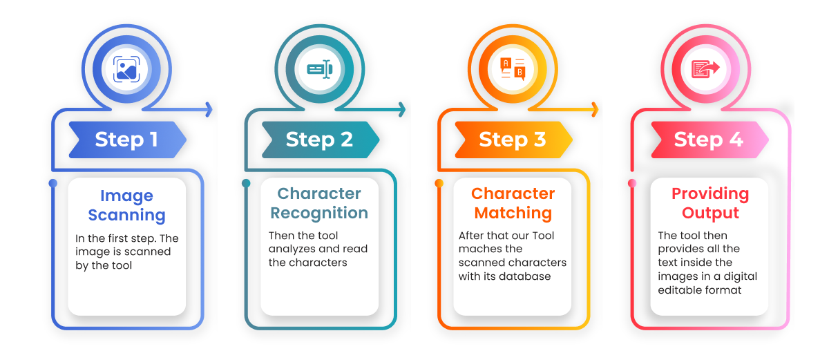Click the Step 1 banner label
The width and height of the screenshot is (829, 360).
126,140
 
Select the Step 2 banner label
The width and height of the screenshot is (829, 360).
319,140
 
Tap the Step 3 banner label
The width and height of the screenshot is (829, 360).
513,140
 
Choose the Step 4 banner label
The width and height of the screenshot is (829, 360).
708,140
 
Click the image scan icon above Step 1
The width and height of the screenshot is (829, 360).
126,68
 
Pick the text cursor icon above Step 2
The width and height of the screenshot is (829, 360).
319,68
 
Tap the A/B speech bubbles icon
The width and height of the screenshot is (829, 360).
513,68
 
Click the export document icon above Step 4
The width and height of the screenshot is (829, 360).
705,68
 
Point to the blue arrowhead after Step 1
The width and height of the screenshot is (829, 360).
208,108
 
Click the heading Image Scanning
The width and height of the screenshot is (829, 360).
126,205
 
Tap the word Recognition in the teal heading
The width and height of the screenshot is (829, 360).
319,212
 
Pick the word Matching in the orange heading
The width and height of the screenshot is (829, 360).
513,212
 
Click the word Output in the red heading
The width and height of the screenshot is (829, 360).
710,212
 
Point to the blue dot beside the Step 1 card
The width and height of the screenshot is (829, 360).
53,183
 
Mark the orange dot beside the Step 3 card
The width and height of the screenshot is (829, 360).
439,183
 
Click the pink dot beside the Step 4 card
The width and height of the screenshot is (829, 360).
631,183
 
